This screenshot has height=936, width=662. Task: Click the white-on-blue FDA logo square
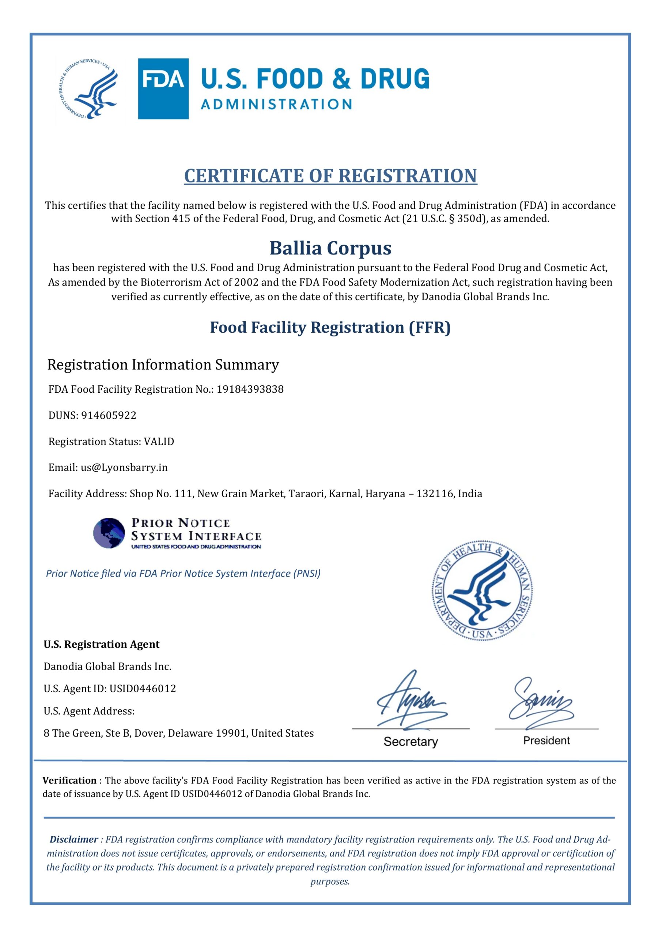(x=163, y=88)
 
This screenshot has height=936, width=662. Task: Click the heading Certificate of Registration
(x=330, y=176)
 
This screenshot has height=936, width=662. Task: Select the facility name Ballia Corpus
(x=330, y=248)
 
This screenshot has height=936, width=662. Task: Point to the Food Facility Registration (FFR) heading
(x=330, y=327)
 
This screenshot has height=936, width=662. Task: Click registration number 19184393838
(x=250, y=389)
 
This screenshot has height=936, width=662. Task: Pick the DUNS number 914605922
(x=109, y=415)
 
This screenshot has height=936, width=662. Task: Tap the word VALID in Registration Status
(x=159, y=442)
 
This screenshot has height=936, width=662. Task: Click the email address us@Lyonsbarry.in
(x=124, y=467)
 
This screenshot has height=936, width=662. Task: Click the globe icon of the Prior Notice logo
(x=109, y=533)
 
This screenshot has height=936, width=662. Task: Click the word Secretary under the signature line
(x=411, y=741)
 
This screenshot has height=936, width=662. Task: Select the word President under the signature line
(x=546, y=741)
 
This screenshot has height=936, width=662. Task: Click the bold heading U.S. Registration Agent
(x=102, y=645)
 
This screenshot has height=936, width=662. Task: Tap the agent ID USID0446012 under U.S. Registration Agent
(x=143, y=688)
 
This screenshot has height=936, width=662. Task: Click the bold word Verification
(x=69, y=780)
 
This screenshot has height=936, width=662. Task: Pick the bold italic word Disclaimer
(x=74, y=839)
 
